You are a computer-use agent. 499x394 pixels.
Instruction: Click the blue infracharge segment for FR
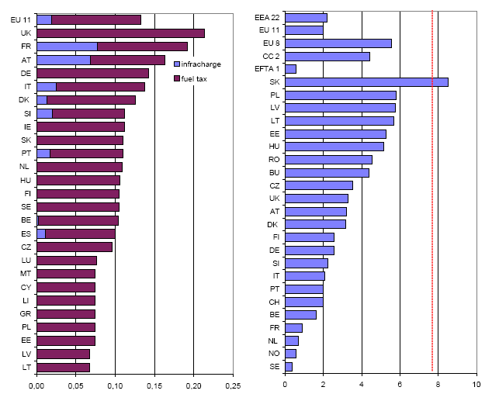coord(67,47)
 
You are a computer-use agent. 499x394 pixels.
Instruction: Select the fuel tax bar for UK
coord(120,33)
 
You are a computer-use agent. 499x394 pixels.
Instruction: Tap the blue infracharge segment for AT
coord(64,60)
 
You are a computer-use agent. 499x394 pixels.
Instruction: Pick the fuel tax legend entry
coord(194,78)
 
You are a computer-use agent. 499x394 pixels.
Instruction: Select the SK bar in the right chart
coord(366,81)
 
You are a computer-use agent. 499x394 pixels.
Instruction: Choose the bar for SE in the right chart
coord(289,366)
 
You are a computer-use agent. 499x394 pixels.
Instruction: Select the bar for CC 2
coord(327,56)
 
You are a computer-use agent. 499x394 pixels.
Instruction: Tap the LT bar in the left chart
coord(63,367)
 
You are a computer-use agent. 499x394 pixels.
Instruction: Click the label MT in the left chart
coord(26,273)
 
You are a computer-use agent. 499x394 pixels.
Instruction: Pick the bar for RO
coord(328,159)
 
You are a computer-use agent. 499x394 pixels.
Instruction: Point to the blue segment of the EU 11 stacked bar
coord(44,19)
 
